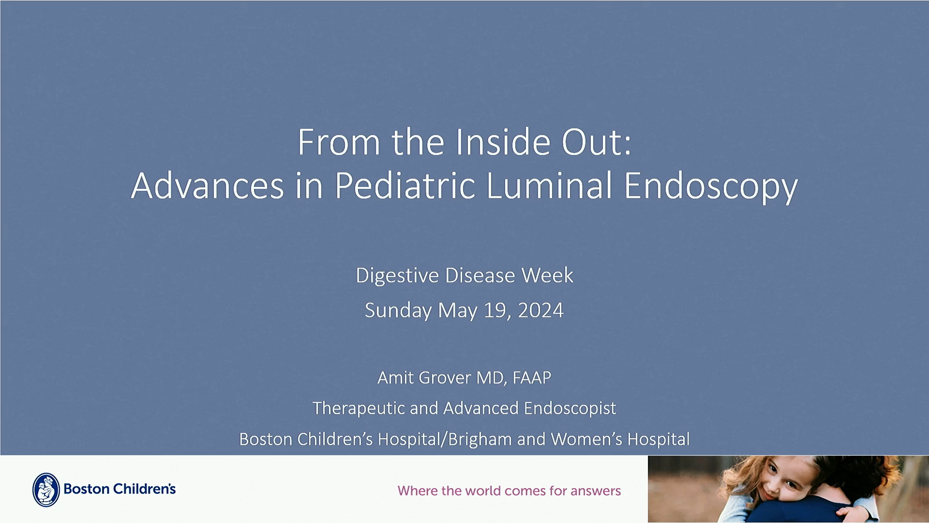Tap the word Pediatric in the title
point(405,185)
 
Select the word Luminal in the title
point(550,185)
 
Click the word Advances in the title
point(208,185)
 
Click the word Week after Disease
point(547,275)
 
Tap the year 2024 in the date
point(540,310)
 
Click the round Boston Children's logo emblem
point(46,490)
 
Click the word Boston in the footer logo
point(87,489)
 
